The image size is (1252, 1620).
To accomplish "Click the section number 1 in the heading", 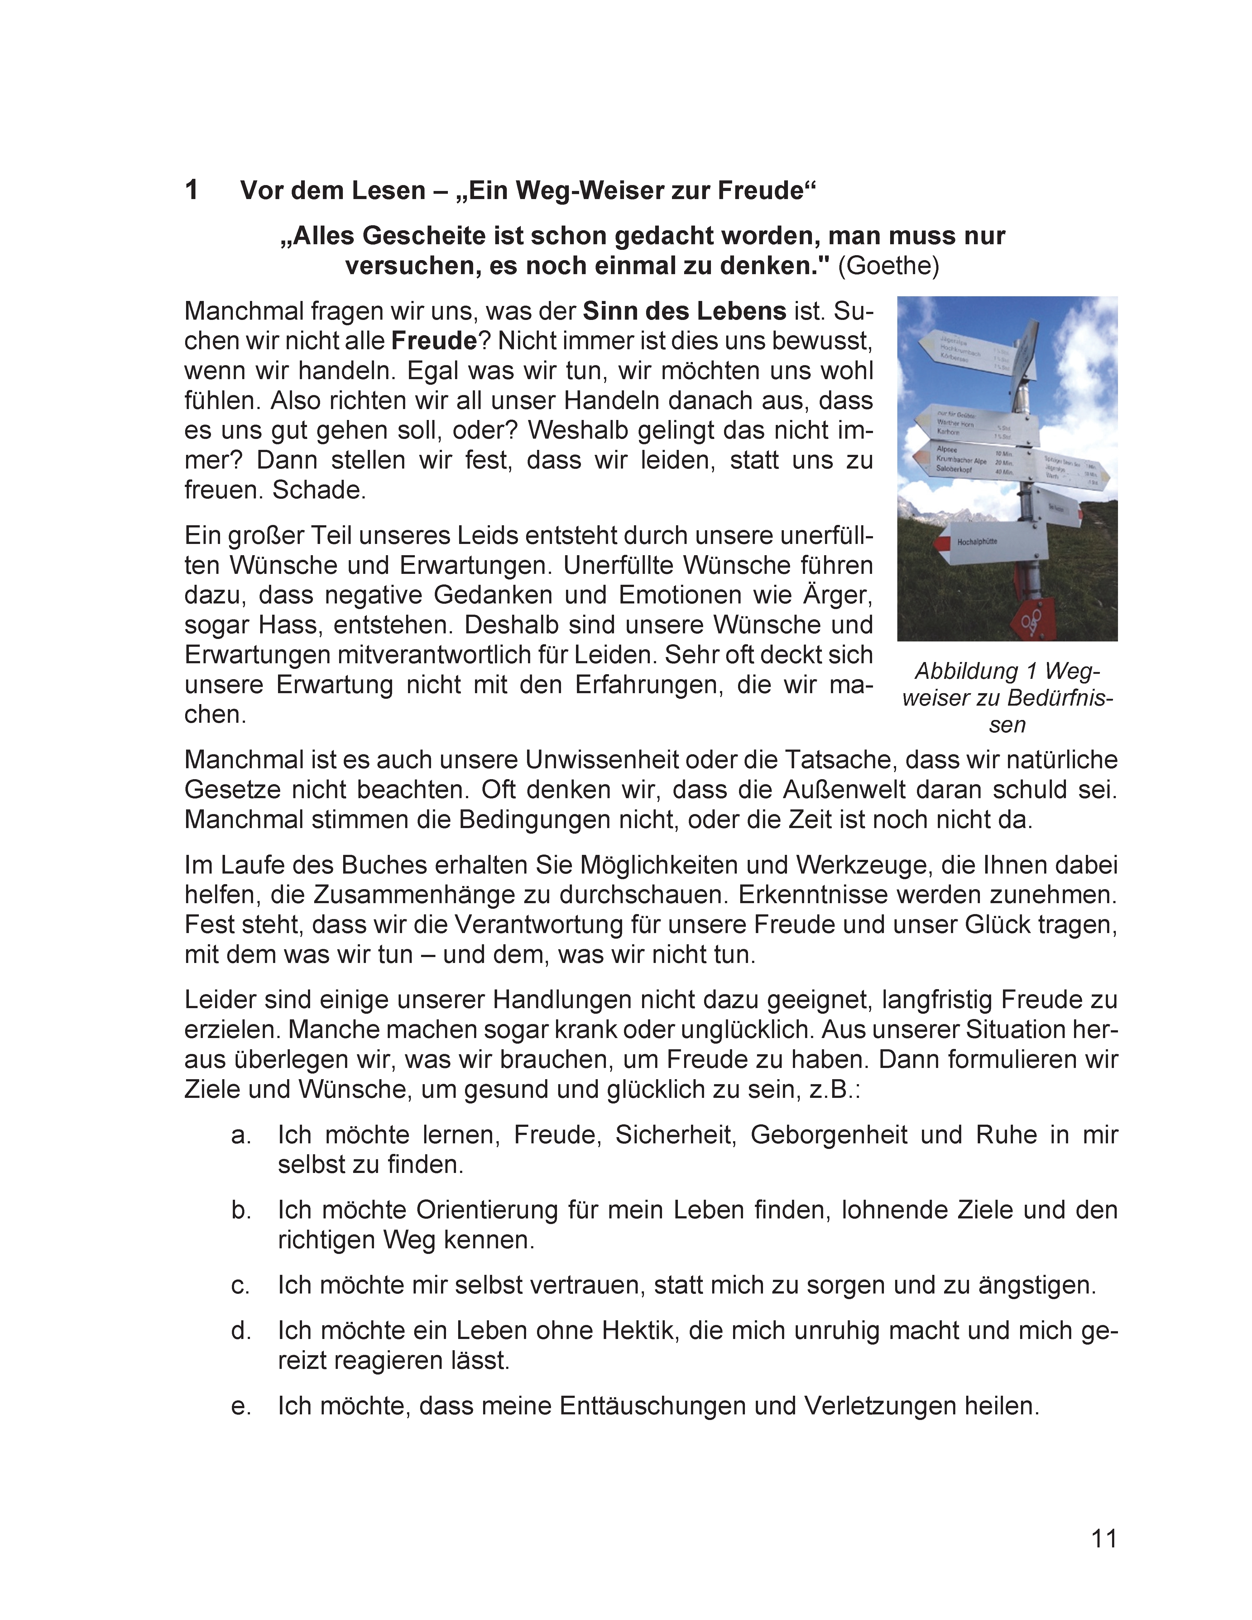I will (191, 191).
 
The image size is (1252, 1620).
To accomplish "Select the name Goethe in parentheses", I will (888, 265).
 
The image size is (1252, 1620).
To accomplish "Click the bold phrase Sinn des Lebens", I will (684, 311).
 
